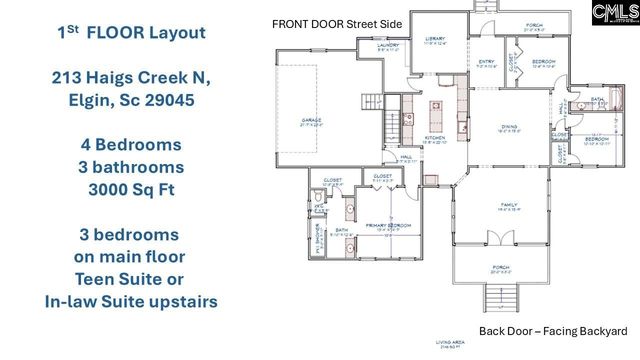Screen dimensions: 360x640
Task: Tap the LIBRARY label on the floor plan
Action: point(435,38)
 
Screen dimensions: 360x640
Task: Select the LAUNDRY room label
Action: point(389,46)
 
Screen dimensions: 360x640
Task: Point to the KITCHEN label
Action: point(434,137)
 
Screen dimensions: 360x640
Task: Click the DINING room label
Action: point(509,127)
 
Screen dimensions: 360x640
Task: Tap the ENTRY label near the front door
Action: point(487,62)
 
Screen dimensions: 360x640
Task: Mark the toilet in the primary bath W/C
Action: point(316,201)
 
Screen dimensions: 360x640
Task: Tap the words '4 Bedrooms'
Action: point(132,144)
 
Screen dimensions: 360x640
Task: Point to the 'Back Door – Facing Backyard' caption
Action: point(553,331)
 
